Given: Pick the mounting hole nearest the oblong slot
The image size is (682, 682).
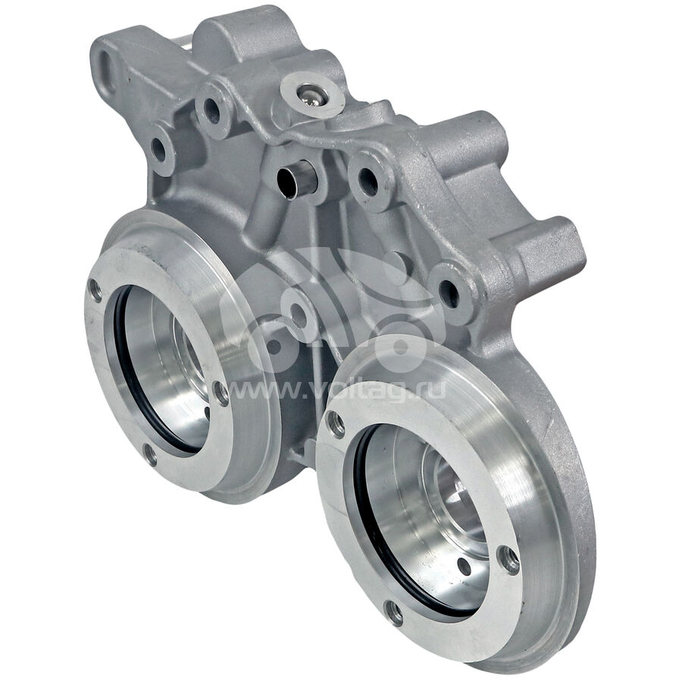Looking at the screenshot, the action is tap(158, 149).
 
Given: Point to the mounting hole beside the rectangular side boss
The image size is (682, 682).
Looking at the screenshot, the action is tap(448, 293).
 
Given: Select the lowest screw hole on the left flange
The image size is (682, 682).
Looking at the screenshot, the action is tap(150, 455).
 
